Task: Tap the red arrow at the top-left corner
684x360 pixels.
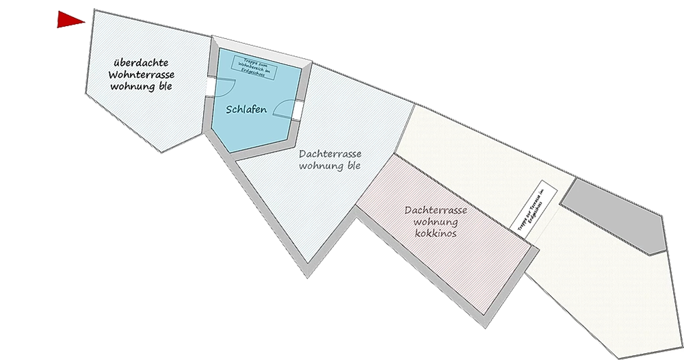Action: [70, 21]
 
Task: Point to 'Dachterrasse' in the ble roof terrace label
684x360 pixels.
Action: [330, 154]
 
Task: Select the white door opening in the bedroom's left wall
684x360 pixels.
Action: [209, 86]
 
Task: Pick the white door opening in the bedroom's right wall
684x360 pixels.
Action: [299, 110]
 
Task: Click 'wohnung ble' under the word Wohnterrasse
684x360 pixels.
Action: [141, 87]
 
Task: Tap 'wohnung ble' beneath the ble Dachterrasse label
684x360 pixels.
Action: [330, 166]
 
